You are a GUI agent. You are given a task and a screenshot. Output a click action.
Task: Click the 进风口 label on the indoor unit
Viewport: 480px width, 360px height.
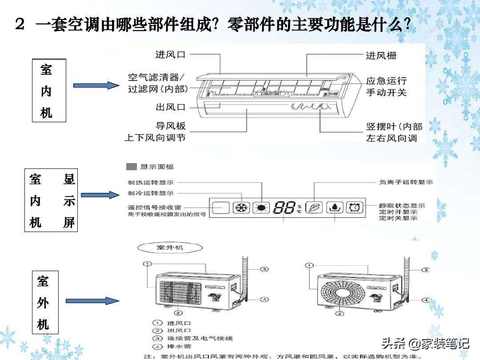point(170,55)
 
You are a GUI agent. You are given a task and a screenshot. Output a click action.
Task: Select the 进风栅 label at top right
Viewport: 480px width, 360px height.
point(381,56)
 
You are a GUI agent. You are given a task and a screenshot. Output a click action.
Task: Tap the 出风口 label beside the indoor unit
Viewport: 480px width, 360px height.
point(170,107)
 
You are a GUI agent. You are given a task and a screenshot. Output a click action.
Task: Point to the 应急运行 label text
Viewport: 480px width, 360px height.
point(386,81)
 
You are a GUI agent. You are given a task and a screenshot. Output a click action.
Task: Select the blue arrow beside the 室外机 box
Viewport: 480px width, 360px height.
point(92,301)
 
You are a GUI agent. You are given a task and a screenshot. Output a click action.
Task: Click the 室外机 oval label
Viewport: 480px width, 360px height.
point(170,247)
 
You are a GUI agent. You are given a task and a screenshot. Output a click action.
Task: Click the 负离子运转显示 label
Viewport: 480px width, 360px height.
point(405,182)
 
